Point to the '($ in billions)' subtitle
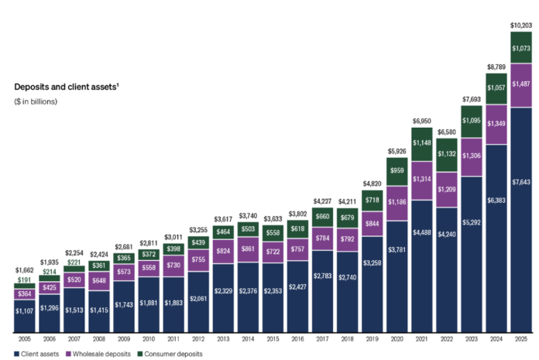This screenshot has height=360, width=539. [36, 101]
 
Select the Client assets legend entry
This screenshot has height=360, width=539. [36, 354]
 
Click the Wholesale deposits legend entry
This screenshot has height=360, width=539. [98, 354]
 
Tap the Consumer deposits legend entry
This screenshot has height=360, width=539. [170, 354]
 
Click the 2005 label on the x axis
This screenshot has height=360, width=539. [25, 339]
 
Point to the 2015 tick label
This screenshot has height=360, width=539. [273, 339]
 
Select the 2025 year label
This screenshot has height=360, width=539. [521, 339]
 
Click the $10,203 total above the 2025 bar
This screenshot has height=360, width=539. [521, 26]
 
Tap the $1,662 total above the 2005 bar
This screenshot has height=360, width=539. [25, 270]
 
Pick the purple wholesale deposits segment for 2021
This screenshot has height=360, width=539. [422, 180]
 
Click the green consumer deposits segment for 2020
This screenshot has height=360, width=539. [397, 172]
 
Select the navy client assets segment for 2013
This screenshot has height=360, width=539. [224, 298]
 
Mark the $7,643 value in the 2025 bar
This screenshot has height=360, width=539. [521, 182]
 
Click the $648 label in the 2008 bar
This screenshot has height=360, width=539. [99, 281]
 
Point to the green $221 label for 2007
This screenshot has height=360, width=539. [74, 262]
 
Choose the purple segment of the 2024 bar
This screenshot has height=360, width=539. [496, 125]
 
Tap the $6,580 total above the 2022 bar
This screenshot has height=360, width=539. [447, 132]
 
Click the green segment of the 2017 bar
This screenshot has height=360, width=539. [322, 218]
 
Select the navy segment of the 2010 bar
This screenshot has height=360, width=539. [149, 305]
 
